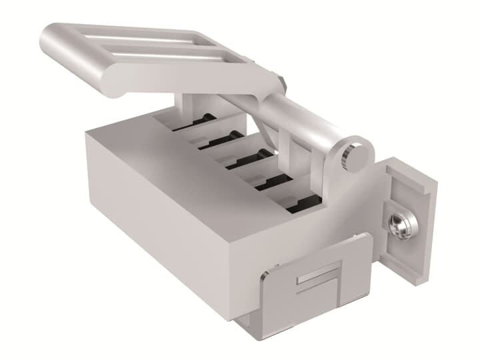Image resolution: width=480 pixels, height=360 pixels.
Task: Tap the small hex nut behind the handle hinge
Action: (284, 83)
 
